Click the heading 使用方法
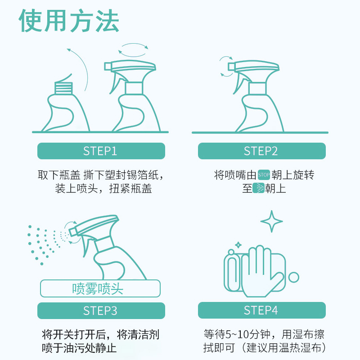coord(69,21)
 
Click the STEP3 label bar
coord(100,310)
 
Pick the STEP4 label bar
coord(261,310)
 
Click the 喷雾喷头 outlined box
coord(100,288)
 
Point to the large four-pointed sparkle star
coord(272,221)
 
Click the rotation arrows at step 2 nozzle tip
coord(225,66)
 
